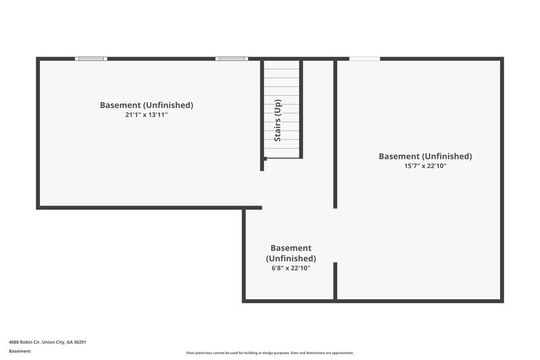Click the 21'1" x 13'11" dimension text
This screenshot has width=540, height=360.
pyautogui.click(x=146, y=115)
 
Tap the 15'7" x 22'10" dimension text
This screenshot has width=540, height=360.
pyautogui.click(x=425, y=166)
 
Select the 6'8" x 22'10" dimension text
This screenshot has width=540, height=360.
pyautogui.click(x=291, y=268)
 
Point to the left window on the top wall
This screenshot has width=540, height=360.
pyautogui.click(x=91, y=59)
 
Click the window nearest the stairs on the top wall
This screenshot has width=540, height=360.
pyautogui.click(x=232, y=59)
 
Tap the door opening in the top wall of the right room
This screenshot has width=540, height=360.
pyautogui.click(x=364, y=59)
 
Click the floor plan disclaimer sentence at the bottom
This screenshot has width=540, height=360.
pyautogui.click(x=270, y=353)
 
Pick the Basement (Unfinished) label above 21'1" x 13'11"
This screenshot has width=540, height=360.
pyautogui.click(x=146, y=105)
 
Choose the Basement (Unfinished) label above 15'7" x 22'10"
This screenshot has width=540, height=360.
pyautogui.click(x=425, y=156)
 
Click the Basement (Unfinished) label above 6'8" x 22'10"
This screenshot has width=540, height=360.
pyautogui.click(x=291, y=253)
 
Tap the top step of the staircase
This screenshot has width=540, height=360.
pyautogui.click(x=282, y=65)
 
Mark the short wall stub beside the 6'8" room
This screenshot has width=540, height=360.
pyautogui.click(x=335, y=280)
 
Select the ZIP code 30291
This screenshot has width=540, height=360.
pyautogui.click(x=80, y=342)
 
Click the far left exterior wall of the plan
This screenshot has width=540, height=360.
pyautogui.click(x=38, y=132)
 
